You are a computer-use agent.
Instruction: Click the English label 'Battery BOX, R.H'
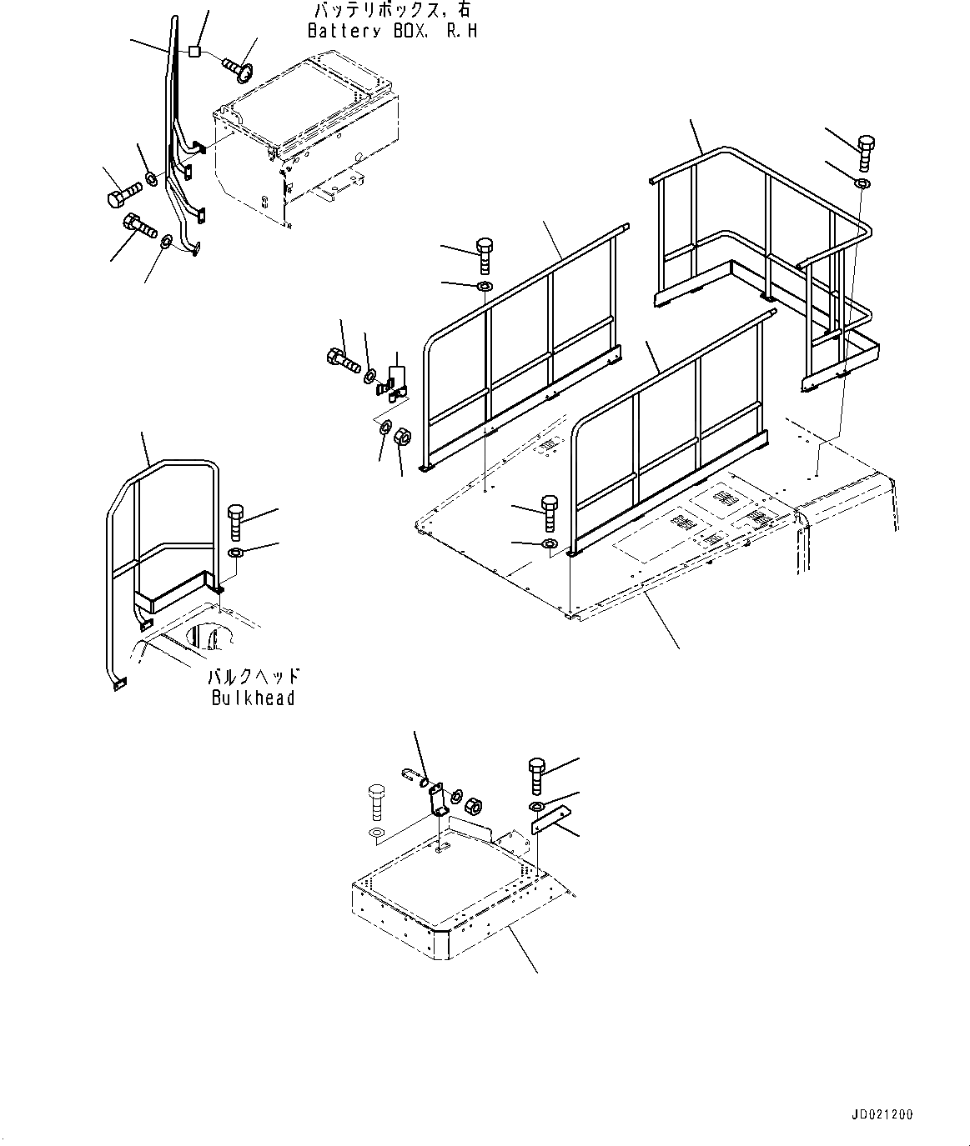pos(392,32)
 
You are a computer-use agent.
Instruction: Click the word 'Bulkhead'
pos(253,698)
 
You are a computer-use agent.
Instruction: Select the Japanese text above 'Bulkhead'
pos(254,677)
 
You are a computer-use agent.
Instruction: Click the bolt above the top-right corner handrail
pos(864,152)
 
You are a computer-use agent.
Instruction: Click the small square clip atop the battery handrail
pos(194,52)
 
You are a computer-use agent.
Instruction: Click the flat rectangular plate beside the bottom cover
pos(550,818)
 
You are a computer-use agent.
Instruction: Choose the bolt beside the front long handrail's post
pos(549,512)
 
